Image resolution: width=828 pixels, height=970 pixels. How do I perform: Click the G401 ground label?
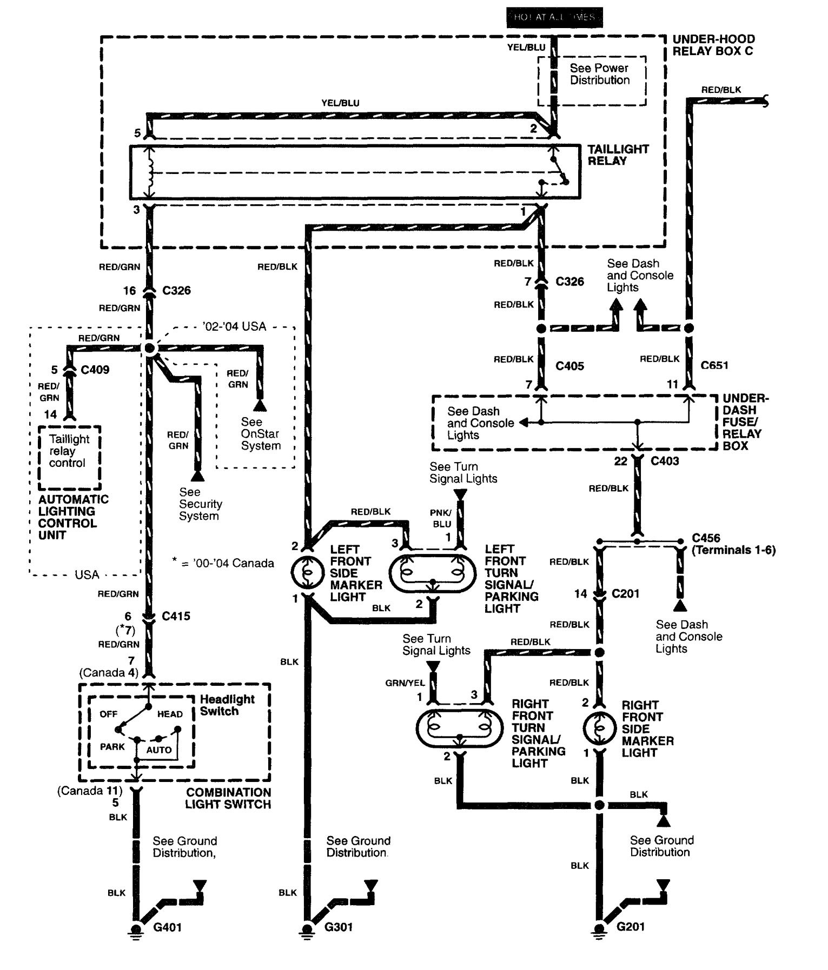[168, 927]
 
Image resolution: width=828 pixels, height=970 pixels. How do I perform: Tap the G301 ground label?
[339, 927]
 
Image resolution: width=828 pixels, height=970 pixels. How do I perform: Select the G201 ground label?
[631, 926]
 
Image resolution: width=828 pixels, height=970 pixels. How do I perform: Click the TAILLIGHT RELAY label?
[618, 155]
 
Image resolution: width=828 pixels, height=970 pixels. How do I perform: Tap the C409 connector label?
[95, 370]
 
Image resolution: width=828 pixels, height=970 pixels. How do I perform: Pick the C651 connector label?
[714, 365]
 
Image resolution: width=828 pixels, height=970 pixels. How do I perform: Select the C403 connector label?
[665, 461]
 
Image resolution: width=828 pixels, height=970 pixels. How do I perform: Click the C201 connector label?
[625, 593]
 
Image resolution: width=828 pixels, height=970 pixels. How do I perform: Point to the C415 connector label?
[176, 616]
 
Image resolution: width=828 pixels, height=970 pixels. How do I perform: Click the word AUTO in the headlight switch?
[158, 750]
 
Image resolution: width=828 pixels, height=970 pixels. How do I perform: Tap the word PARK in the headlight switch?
[112, 747]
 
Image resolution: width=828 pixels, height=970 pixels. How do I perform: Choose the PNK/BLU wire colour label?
[441, 518]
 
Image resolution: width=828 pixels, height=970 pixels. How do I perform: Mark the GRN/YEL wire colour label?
[405, 683]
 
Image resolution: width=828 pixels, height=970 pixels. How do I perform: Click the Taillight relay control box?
[69, 457]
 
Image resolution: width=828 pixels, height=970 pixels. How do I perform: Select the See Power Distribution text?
[599, 74]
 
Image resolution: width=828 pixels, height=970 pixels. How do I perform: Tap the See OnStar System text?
[261, 433]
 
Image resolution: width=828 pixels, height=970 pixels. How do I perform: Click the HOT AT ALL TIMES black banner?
[554, 17]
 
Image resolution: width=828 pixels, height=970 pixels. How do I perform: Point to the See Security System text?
[200, 504]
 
